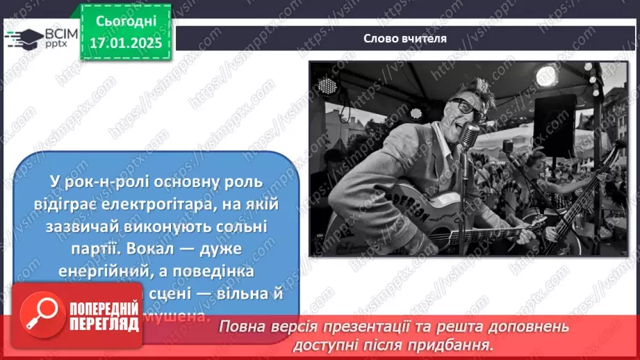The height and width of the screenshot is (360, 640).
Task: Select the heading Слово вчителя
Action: point(404,38)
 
